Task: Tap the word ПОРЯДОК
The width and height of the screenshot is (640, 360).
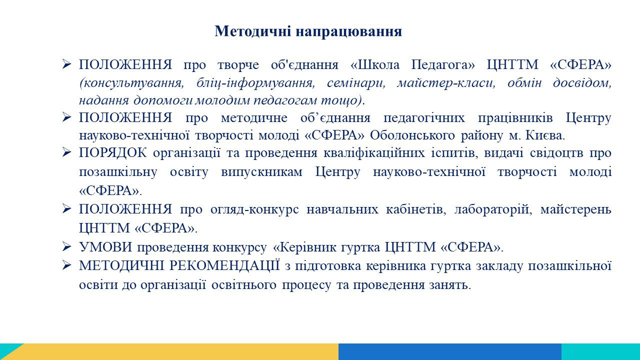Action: [x=113, y=153]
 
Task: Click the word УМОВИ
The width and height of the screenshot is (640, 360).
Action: [x=105, y=247]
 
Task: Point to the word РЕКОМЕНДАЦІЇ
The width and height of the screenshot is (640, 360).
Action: [x=224, y=265]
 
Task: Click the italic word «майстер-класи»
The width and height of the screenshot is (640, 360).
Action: [x=446, y=83]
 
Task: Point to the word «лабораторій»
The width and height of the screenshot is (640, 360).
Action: [x=493, y=209]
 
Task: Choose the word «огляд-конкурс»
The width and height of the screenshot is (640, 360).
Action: [x=254, y=209]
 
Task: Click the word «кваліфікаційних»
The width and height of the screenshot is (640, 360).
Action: [x=374, y=153]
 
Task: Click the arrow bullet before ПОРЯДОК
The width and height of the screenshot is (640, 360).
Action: [x=66, y=152]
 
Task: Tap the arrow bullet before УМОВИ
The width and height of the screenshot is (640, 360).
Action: [x=66, y=246]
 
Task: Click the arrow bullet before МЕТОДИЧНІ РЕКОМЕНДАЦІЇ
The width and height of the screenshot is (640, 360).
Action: [x=66, y=265]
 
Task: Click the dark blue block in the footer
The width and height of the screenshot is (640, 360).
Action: [x=450, y=351]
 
